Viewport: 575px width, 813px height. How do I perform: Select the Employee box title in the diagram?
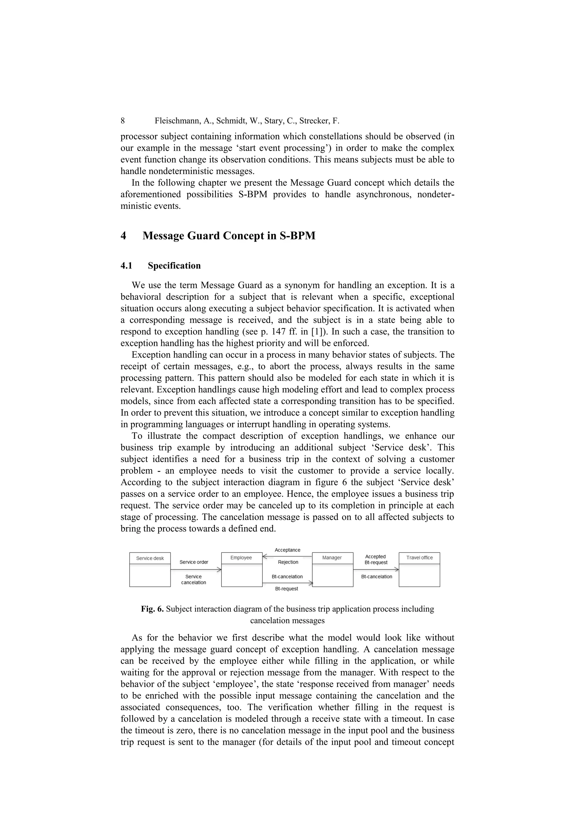(x=241, y=558)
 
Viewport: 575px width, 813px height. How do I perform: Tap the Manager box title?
(x=332, y=558)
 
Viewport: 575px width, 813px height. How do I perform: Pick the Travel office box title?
(x=419, y=558)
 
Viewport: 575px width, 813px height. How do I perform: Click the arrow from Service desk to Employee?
(x=196, y=569)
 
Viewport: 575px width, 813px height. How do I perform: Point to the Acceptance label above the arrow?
(x=287, y=550)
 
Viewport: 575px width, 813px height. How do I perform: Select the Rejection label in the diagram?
(x=288, y=562)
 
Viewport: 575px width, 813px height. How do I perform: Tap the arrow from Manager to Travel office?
(x=376, y=569)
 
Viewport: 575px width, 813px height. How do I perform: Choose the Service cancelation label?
(x=193, y=579)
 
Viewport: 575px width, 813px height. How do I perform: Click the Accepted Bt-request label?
(x=376, y=559)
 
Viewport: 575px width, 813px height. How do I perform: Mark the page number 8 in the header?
(x=123, y=121)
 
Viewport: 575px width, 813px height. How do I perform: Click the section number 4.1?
(x=126, y=266)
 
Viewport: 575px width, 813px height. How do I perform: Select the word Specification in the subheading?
(x=174, y=266)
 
